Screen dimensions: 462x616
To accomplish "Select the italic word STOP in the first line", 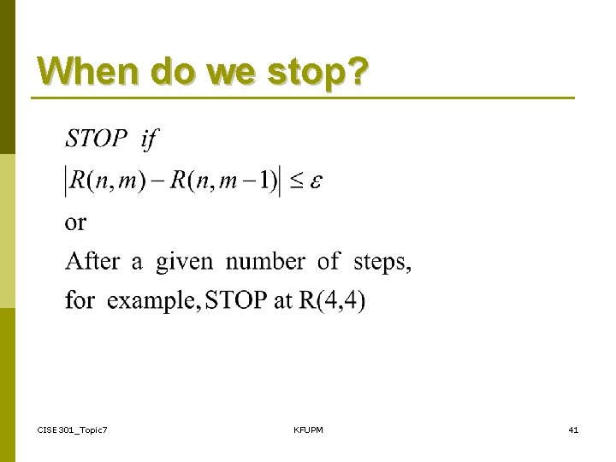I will coord(97,138).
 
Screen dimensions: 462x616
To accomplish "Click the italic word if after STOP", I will coord(149,138).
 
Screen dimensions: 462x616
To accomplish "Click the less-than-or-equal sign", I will coord(295,181).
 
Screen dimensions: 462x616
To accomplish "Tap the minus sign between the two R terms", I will coord(155,181).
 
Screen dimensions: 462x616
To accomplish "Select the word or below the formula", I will coord(75,223).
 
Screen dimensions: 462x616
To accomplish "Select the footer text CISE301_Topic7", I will coord(72,429).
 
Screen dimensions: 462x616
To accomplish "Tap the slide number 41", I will coord(572,429).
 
